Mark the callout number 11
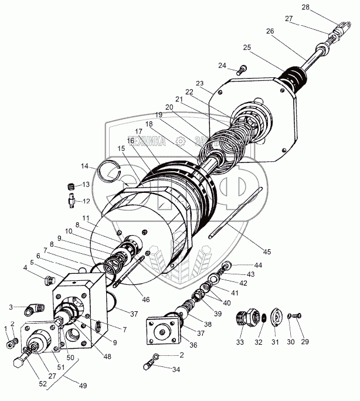(86, 218)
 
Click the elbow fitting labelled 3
(35, 307)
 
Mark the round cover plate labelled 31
(278, 316)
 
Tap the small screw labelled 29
(299, 317)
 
